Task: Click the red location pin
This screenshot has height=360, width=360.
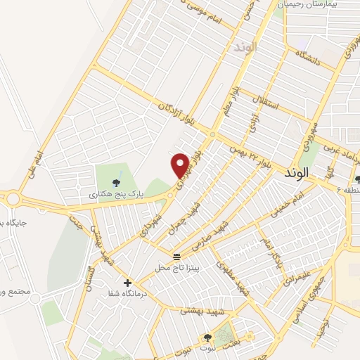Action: [x=180, y=165]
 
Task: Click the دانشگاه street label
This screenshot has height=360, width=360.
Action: [x=308, y=60]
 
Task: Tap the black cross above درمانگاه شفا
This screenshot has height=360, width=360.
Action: [x=127, y=283]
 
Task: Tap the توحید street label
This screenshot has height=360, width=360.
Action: [x=323, y=326]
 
